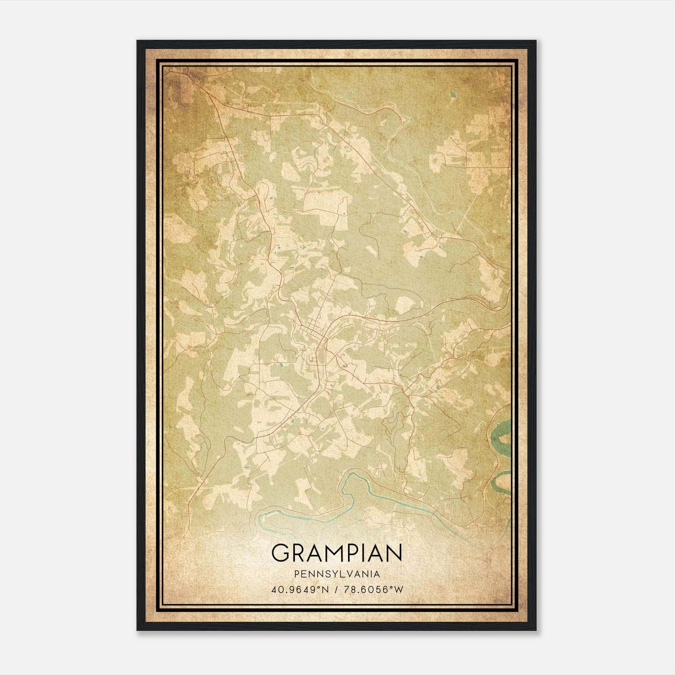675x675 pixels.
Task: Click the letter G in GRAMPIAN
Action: tap(282, 553)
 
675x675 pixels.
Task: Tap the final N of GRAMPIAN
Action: tap(394, 553)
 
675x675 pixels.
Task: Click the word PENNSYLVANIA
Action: tap(337, 574)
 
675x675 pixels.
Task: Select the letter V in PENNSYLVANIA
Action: tap(353, 574)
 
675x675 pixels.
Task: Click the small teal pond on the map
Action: tap(453, 94)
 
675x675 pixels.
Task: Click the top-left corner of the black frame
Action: tap(138, 41)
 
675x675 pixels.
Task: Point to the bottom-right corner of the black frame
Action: tap(535, 629)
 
